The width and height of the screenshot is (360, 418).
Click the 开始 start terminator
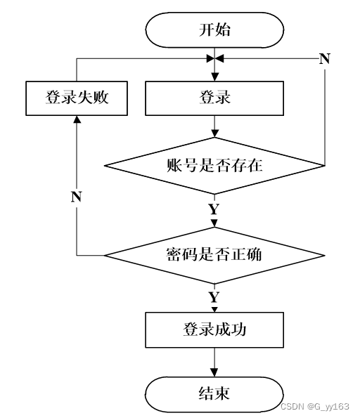point(214,30)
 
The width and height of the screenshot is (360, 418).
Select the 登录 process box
point(214,98)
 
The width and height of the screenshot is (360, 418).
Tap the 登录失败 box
point(77,98)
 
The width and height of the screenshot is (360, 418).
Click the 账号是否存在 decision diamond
point(214,166)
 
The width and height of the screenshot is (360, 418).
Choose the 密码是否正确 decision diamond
point(214,256)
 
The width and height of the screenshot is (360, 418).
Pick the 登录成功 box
point(214,329)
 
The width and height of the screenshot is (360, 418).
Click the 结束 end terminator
point(214,394)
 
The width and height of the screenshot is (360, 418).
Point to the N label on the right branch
point(325,58)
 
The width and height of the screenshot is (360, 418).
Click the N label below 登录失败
point(77,197)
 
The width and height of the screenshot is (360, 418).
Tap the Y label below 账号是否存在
point(214,209)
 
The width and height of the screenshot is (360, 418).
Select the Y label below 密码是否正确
point(214,297)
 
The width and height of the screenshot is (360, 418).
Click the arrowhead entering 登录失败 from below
point(77,119)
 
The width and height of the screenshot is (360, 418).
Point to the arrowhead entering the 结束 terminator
point(214,372)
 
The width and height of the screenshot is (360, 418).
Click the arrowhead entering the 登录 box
point(214,77)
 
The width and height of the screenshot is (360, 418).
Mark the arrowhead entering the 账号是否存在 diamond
point(214,133)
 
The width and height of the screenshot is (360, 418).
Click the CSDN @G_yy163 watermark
point(315,407)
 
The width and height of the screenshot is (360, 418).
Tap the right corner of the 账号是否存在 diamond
point(325,166)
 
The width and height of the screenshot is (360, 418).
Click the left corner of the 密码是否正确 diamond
point(104,256)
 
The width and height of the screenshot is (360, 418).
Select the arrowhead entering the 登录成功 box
point(214,310)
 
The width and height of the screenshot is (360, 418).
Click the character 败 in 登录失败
point(101,98)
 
